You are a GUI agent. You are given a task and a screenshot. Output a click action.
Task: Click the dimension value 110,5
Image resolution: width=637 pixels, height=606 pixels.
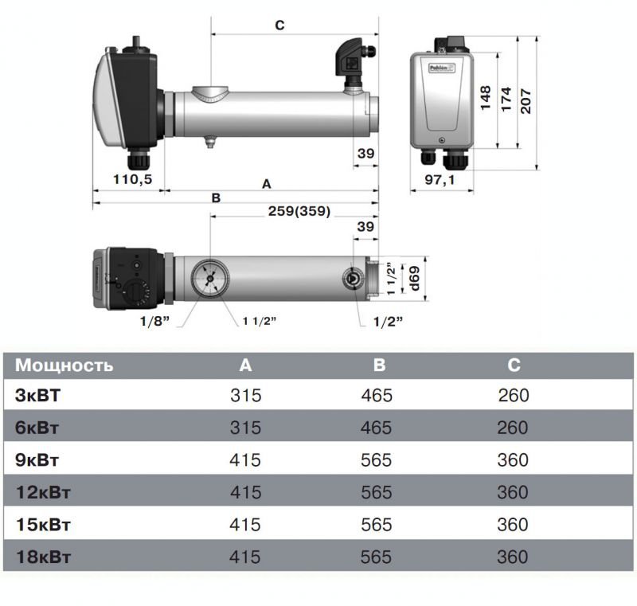coord(132,179)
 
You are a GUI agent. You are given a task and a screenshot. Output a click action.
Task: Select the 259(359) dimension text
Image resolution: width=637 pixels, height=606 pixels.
coord(299,211)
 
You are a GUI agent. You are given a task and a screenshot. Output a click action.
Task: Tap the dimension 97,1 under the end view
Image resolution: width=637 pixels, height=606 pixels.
coord(440,179)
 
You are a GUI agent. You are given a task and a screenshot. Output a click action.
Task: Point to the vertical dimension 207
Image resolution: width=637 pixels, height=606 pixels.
coord(526,100)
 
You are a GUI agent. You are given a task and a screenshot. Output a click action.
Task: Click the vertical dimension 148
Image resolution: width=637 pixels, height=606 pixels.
coord(486,98)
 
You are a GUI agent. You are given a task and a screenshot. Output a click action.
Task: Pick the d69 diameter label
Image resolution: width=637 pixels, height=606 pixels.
coord(414,278)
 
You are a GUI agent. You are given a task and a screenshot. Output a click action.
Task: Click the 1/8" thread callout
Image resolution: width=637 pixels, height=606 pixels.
coord(154,321)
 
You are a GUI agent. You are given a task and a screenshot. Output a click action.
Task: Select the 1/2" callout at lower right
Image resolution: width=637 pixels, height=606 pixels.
coord(388,322)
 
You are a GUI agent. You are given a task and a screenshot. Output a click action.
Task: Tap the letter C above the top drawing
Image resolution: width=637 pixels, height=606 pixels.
coord(280,25)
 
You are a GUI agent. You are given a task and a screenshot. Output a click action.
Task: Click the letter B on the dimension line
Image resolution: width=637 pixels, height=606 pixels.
coord(216,197)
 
